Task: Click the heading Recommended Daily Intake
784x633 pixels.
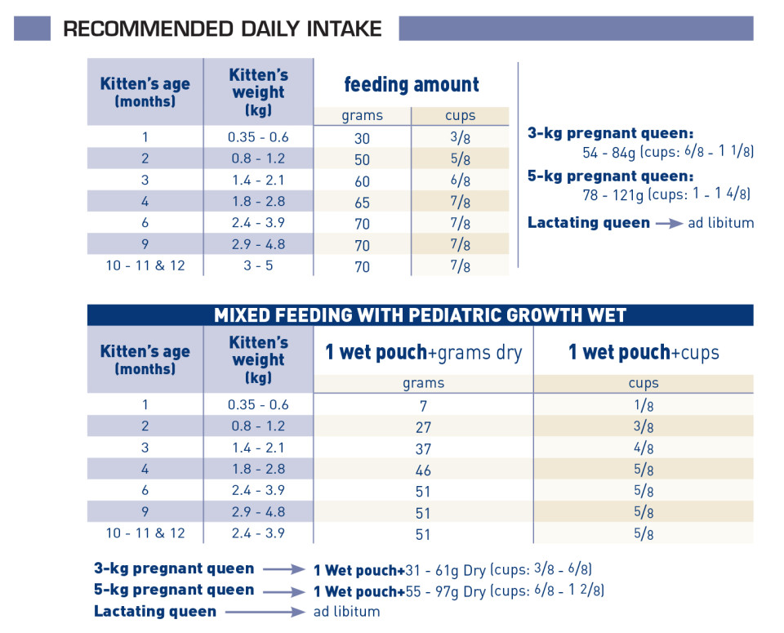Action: point(222,29)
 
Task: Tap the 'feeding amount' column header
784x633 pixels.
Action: point(412,84)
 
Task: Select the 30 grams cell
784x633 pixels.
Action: point(362,139)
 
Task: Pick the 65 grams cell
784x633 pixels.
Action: point(362,203)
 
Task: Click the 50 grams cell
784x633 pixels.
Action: point(362,160)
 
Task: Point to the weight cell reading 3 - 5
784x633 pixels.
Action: point(258,265)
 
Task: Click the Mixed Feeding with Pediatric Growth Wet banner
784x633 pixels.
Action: point(420,315)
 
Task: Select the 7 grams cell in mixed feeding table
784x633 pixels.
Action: point(423,406)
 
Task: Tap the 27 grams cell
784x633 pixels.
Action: point(423,427)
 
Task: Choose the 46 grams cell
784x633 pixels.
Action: point(423,470)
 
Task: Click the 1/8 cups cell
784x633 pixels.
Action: point(644,405)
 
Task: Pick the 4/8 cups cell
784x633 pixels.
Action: point(644,448)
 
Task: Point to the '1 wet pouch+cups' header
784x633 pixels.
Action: point(644,353)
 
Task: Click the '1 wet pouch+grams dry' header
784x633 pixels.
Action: point(424,353)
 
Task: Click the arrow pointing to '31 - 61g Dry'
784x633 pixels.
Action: point(284,569)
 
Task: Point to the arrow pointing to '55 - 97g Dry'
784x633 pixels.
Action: point(284,592)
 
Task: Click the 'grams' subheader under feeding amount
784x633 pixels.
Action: point(362,116)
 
